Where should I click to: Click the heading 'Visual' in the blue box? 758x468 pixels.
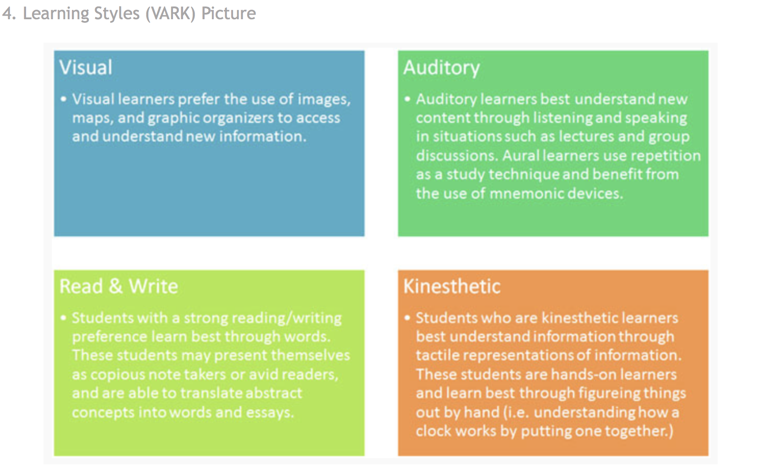86,67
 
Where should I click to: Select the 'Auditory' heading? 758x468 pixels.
442,68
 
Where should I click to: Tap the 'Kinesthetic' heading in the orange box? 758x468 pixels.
452,286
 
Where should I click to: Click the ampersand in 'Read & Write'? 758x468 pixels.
115,286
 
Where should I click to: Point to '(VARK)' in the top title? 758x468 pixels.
171,14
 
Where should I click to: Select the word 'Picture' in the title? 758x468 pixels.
228,14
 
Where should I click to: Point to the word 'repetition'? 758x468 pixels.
666,156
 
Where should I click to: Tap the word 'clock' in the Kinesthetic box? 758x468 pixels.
433,431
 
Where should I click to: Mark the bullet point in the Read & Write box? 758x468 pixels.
63,318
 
